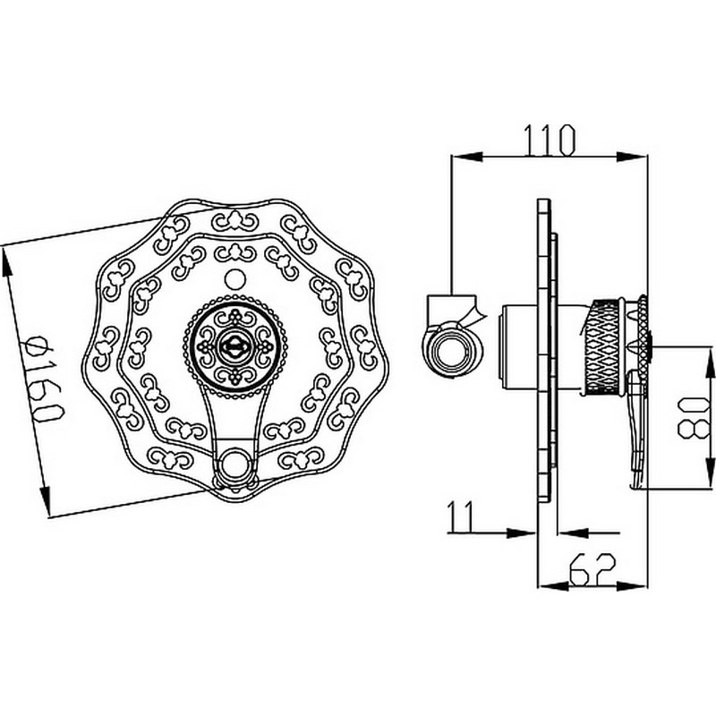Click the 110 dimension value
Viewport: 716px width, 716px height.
pos(550,141)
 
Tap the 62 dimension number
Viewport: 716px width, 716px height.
pos(592,569)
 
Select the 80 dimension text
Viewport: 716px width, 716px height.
pos(694,418)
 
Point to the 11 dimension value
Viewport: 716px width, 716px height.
pos(460,516)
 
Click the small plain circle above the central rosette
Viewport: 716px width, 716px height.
pos(235,279)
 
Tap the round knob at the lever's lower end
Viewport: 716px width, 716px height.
pos(235,464)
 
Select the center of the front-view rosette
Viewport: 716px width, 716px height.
pos(234,346)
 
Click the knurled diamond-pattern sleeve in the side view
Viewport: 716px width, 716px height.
pos(603,346)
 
